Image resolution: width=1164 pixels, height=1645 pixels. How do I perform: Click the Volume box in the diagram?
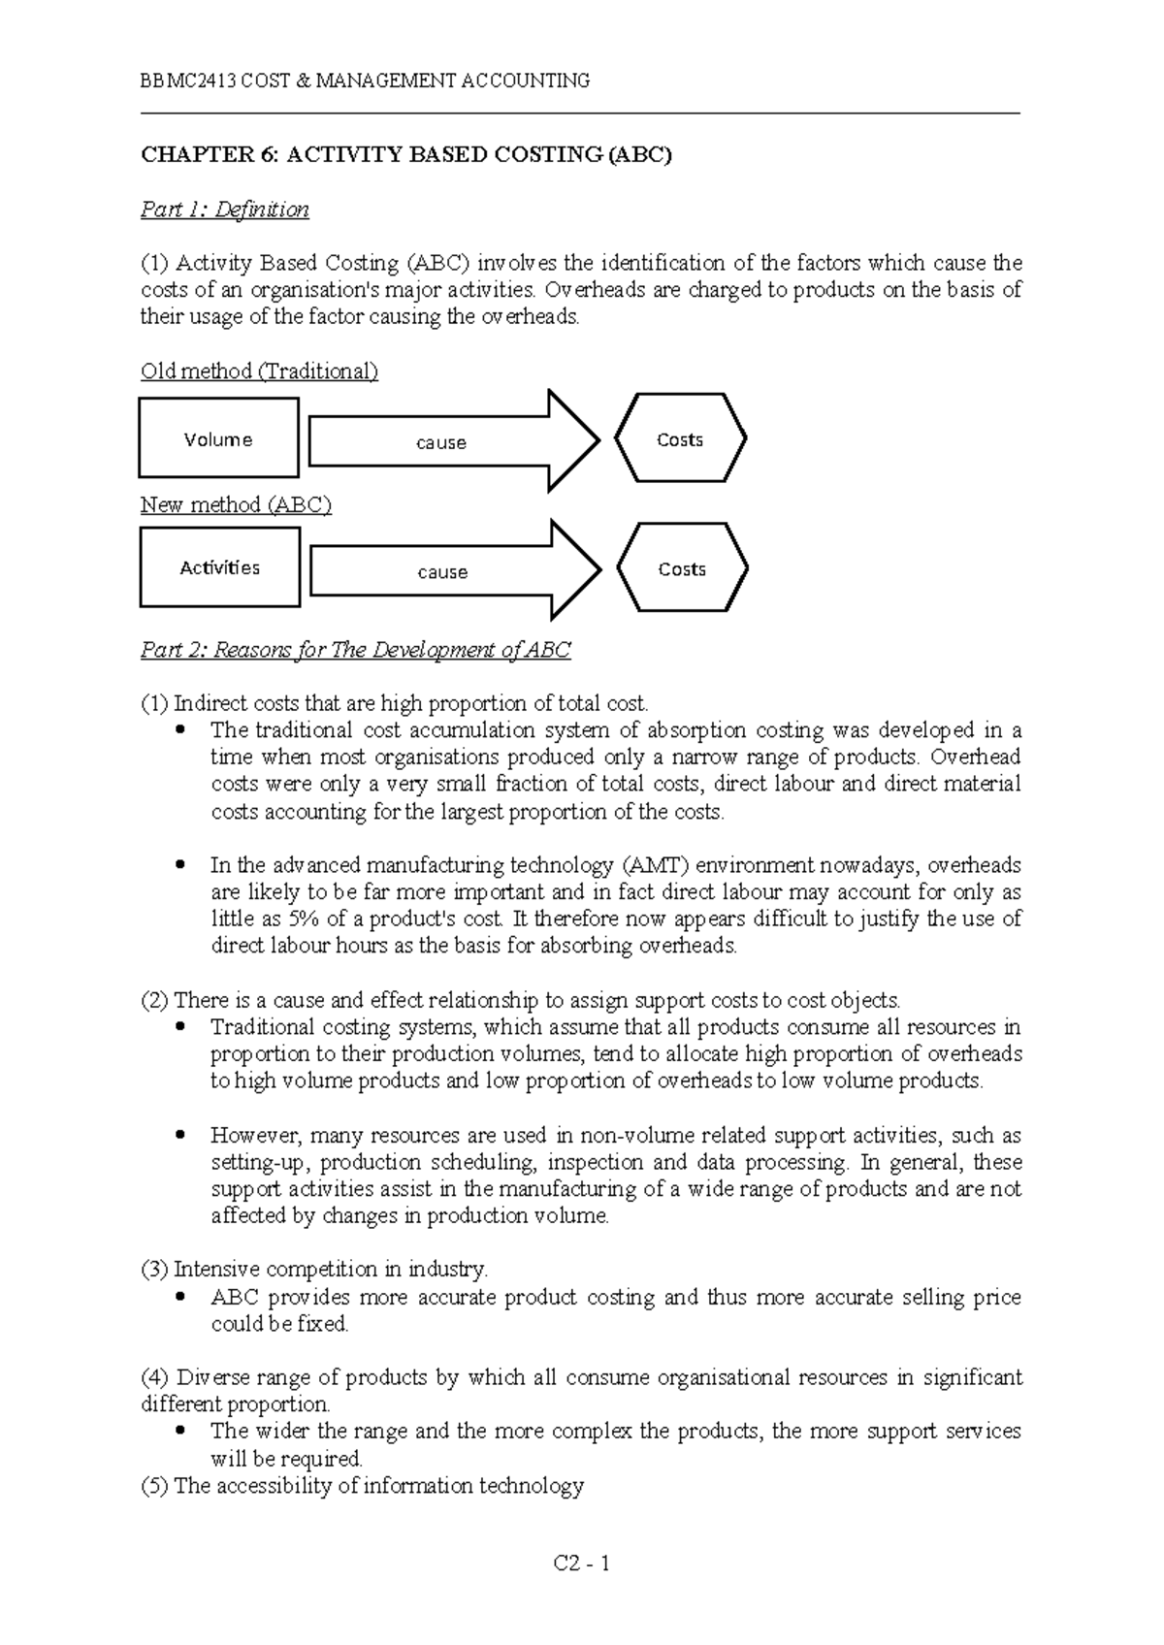(218, 439)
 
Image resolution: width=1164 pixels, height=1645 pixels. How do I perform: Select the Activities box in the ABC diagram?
(220, 567)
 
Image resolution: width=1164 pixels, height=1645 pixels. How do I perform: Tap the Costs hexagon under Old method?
(680, 439)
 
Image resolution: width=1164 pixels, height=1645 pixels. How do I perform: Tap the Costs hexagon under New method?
(682, 569)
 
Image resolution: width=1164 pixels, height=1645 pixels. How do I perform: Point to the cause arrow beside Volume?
(442, 442)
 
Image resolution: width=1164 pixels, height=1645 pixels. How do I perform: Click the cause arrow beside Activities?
(443, 572)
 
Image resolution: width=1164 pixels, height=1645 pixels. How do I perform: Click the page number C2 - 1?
(581, 1564)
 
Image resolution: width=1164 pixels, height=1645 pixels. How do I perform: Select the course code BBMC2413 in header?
(188, 81)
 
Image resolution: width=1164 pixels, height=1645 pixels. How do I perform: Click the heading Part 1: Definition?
(225, 210)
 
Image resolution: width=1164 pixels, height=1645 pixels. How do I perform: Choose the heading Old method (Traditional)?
(259, 371)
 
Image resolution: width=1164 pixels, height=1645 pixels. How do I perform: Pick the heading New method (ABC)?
(236, 504)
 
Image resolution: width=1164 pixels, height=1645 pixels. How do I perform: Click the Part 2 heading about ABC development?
(356, 650)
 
